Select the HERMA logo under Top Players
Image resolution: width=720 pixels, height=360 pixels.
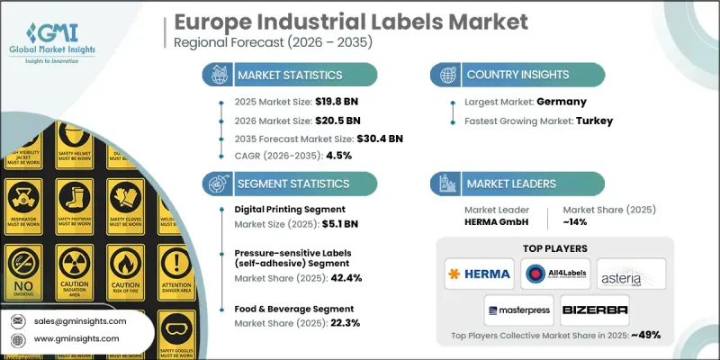(478, 271)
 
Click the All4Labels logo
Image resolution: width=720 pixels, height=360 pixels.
(553, 271)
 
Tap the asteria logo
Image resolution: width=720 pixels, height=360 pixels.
(631, 271)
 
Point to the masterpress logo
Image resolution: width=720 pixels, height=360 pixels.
(517, 310)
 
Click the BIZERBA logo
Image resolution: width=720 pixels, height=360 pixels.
(594, 310)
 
